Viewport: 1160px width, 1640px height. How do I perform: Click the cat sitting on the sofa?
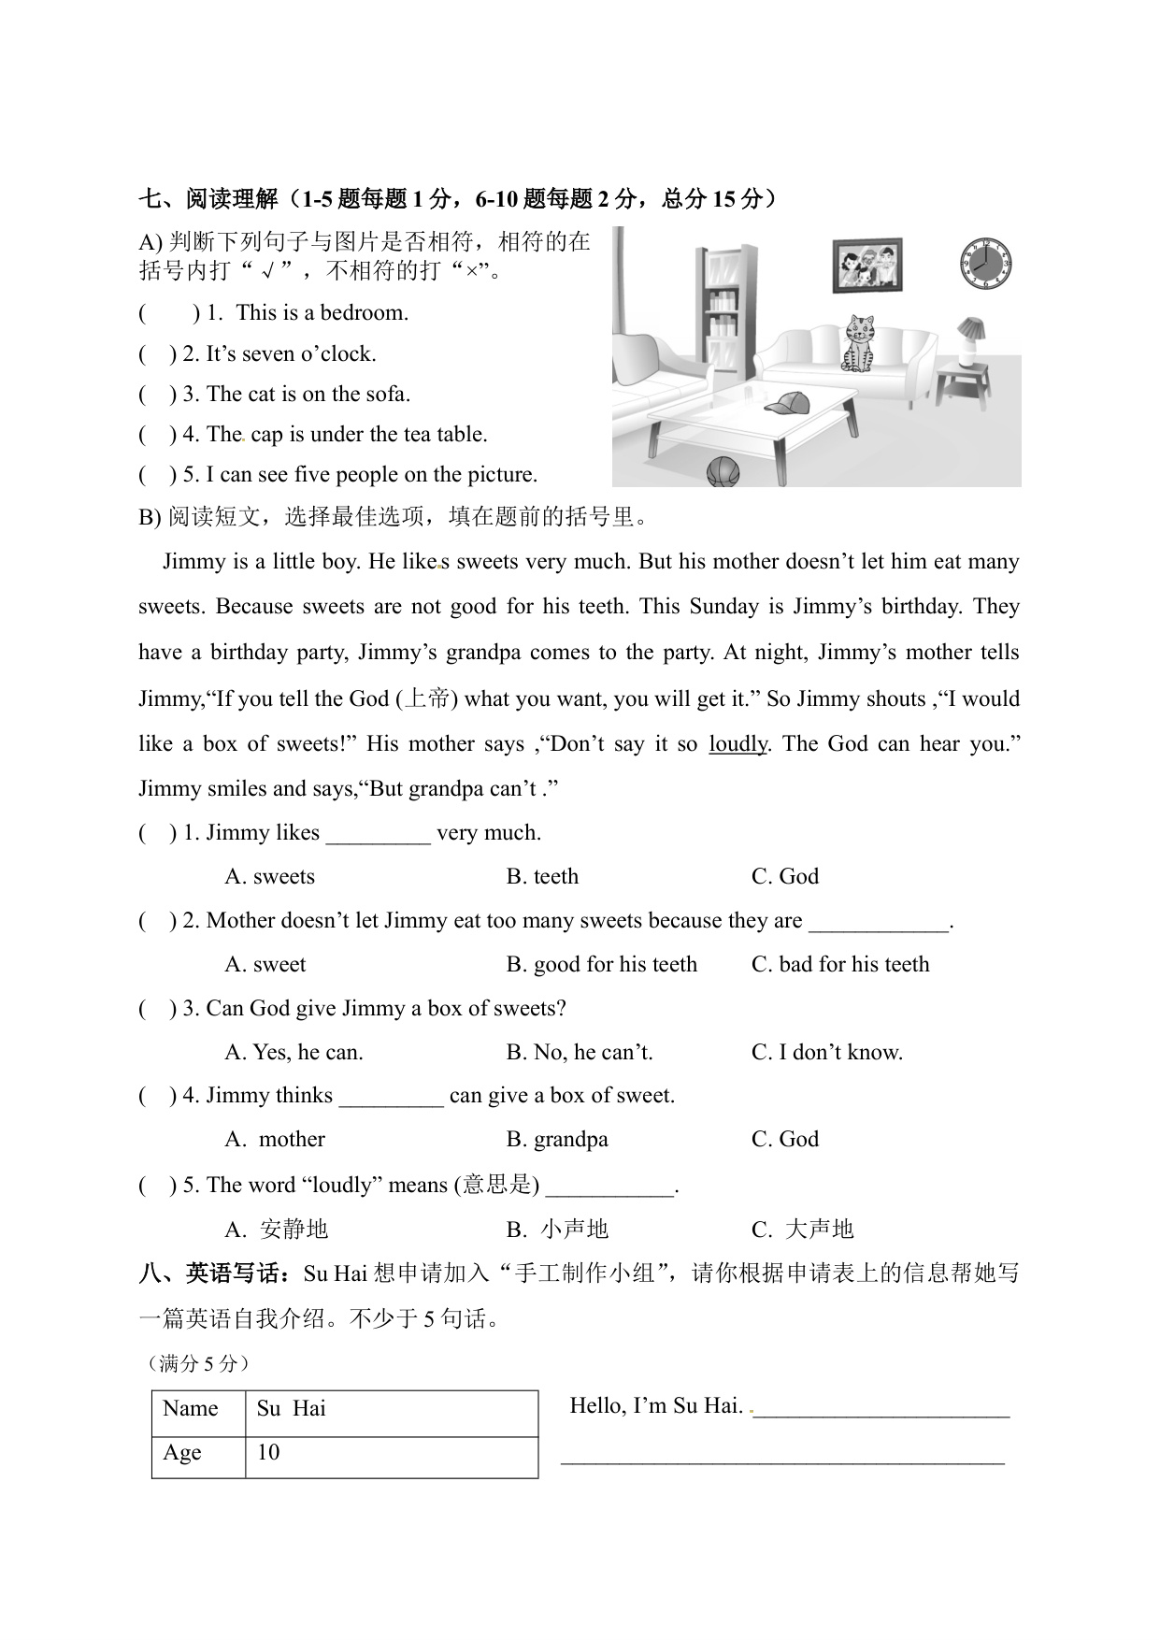click(x=858, y=343)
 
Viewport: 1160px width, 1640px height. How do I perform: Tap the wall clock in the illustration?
click(x=986, y=264)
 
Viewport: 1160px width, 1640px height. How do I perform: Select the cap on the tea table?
click(x=787, y=403)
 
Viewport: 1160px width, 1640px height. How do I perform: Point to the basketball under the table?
click(x=723, y=472)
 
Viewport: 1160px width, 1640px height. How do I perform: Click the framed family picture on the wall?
click(x=869, y=265)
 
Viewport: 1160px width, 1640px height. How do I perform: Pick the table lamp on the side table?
click(x=969, y=341)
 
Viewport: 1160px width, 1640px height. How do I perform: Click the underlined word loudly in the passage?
click(x=738, y=744)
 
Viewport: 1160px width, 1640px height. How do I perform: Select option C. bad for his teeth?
click(x=840, y=965)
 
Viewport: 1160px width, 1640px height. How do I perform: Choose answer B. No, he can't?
click(x=580, y=1053)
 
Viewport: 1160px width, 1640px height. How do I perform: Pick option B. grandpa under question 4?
click(x=557, y=1140)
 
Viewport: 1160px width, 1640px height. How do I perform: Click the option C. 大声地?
click(x=803, y=1229)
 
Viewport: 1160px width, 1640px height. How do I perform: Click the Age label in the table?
click(x=183, y=1453)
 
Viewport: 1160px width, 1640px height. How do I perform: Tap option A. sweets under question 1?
click(x=270, y=877)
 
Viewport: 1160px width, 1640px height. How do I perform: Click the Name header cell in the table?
click(x=191, y=1409)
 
